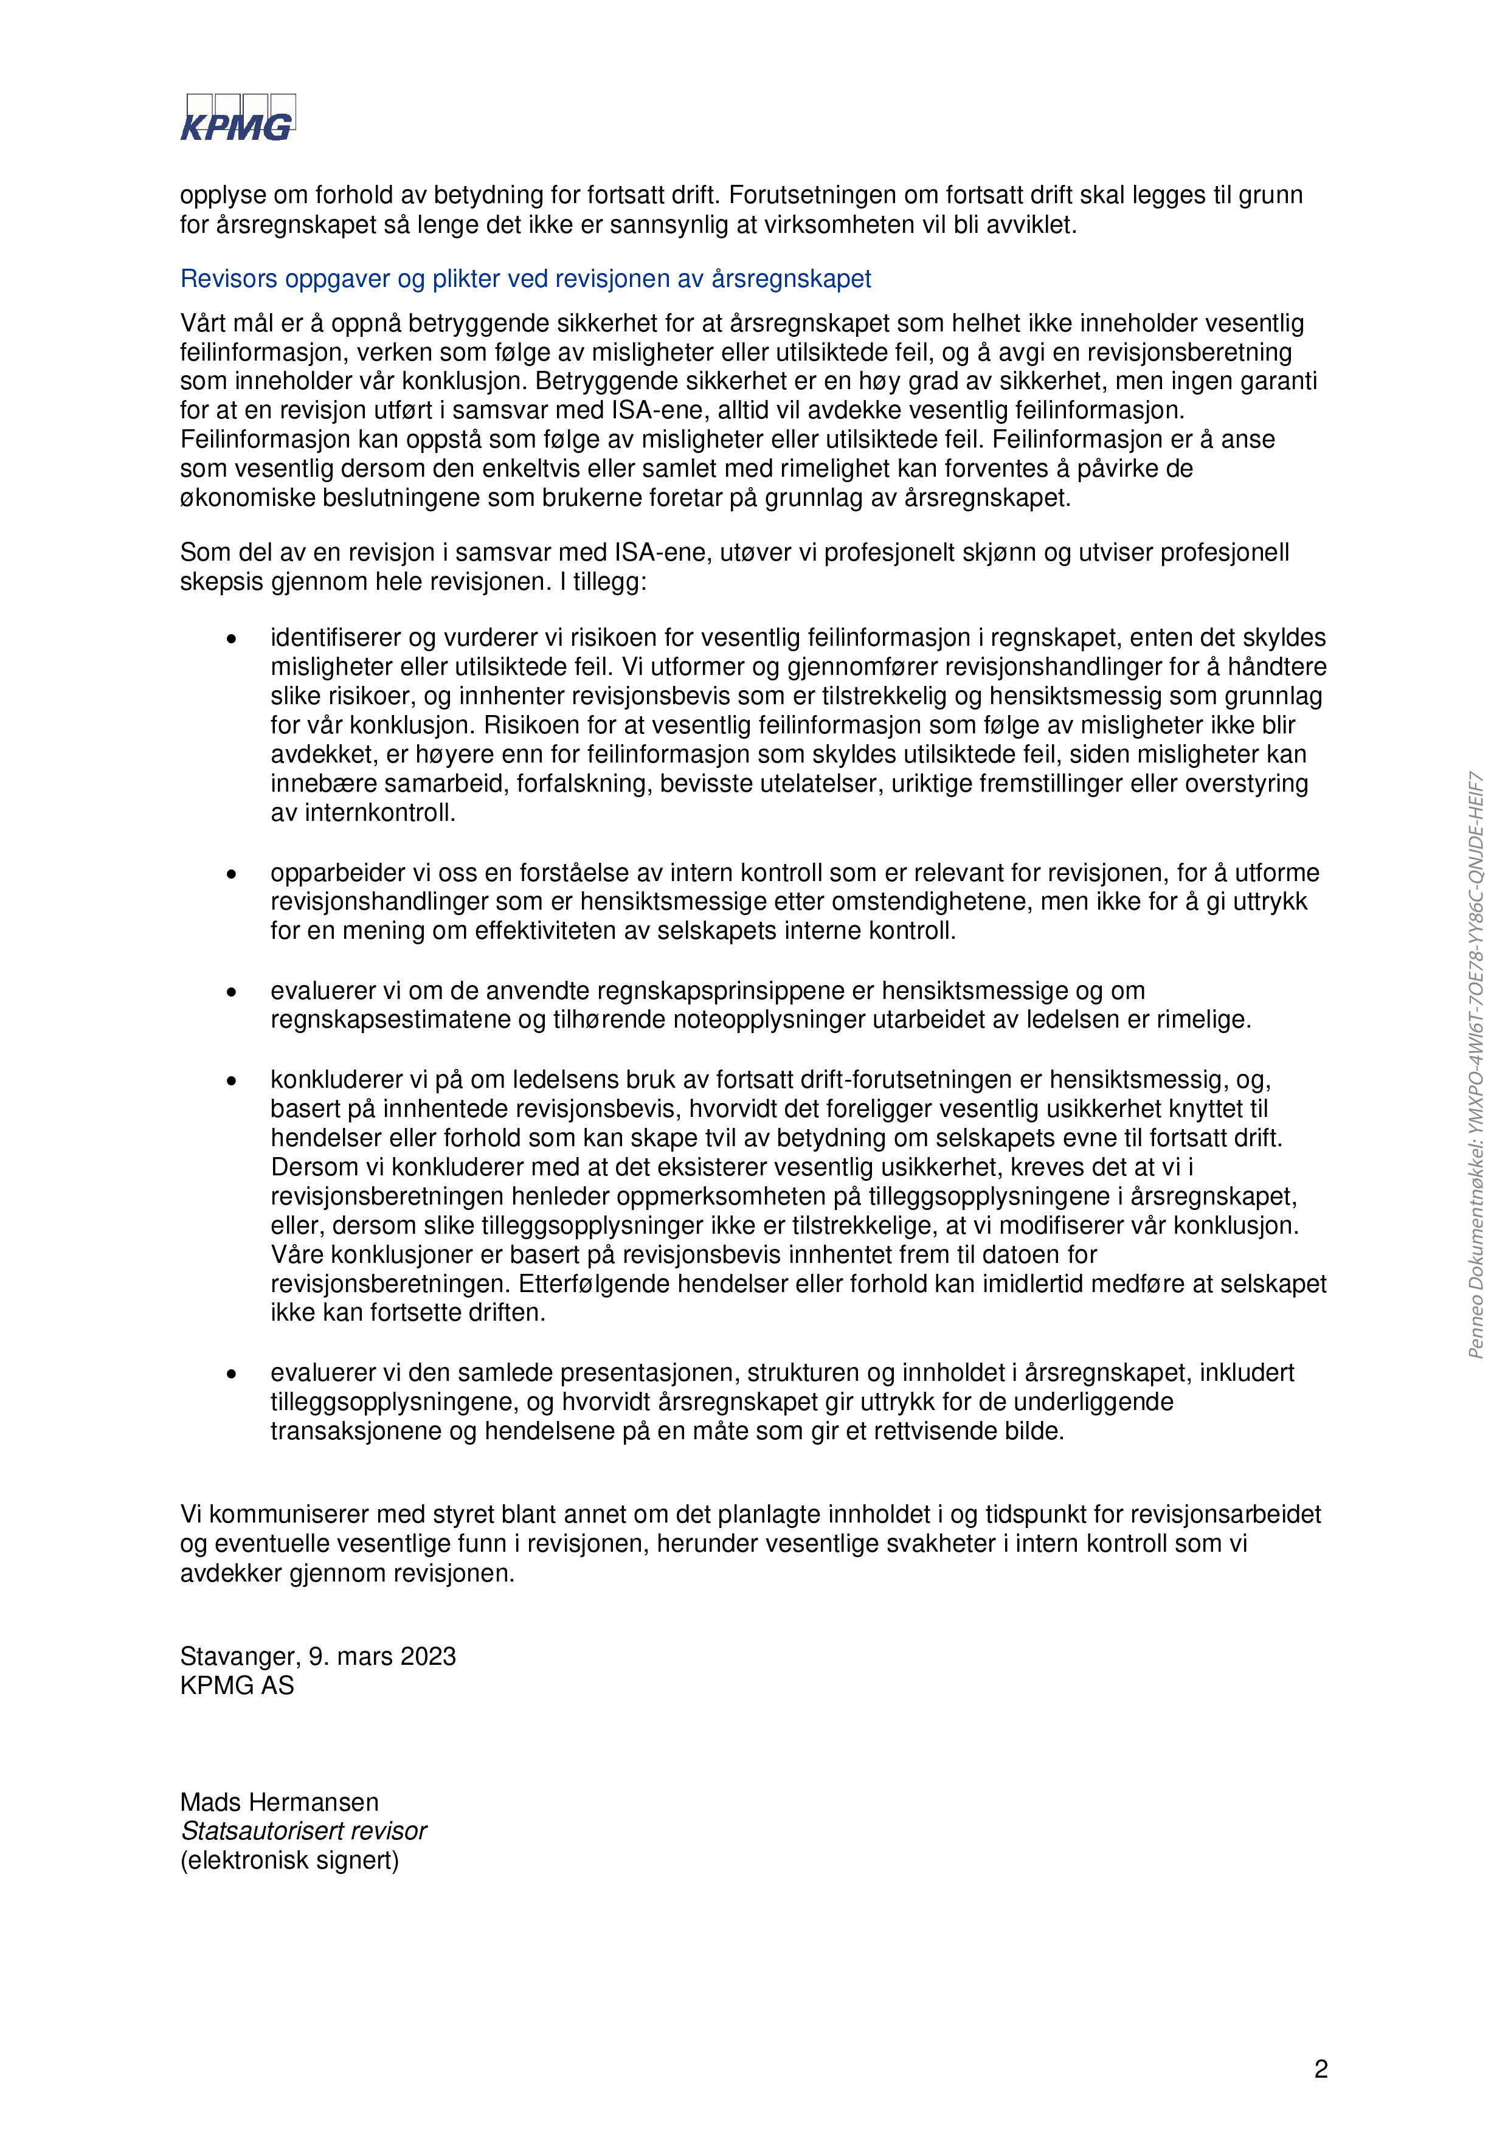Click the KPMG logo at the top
point(237,118)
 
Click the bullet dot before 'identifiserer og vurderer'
point(231,638)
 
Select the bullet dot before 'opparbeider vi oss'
point(231,873)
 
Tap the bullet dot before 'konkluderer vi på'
point(231,1079)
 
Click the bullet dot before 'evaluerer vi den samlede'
point(231,1373)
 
